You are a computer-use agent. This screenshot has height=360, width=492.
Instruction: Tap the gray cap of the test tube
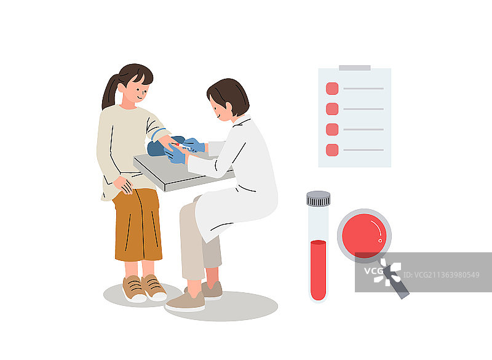tap(318, 198)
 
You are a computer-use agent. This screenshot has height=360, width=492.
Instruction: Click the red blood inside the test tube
tap(318, 270)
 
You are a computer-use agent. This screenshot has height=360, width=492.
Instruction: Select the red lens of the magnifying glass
tap(364, 236)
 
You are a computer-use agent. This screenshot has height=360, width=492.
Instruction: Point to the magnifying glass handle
tap(396, 281)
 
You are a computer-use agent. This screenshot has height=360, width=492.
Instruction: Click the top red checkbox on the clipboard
tap(332, 89)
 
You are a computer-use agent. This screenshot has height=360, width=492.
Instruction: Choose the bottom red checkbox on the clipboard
tap(332, 150)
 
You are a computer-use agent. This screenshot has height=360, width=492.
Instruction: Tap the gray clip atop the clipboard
tap(355, 68)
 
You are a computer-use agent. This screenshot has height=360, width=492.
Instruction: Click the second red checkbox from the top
tap(332, 109)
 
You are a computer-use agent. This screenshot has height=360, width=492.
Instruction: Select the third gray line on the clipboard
tap(363, 129)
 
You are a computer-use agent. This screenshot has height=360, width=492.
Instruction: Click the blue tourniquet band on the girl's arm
tap(157, 134)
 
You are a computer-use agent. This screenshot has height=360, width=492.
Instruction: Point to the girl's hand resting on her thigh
tap(124, 185)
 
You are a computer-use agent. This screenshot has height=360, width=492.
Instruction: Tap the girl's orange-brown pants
tap(137, 225)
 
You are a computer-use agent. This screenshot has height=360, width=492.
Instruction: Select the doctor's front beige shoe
tap(186, 302)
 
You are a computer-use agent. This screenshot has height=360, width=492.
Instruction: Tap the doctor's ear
tap(229, 108)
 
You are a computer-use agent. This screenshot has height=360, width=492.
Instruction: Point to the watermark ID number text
tap(441, 275)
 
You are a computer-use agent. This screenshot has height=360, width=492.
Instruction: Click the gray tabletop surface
tap(176, 169)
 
